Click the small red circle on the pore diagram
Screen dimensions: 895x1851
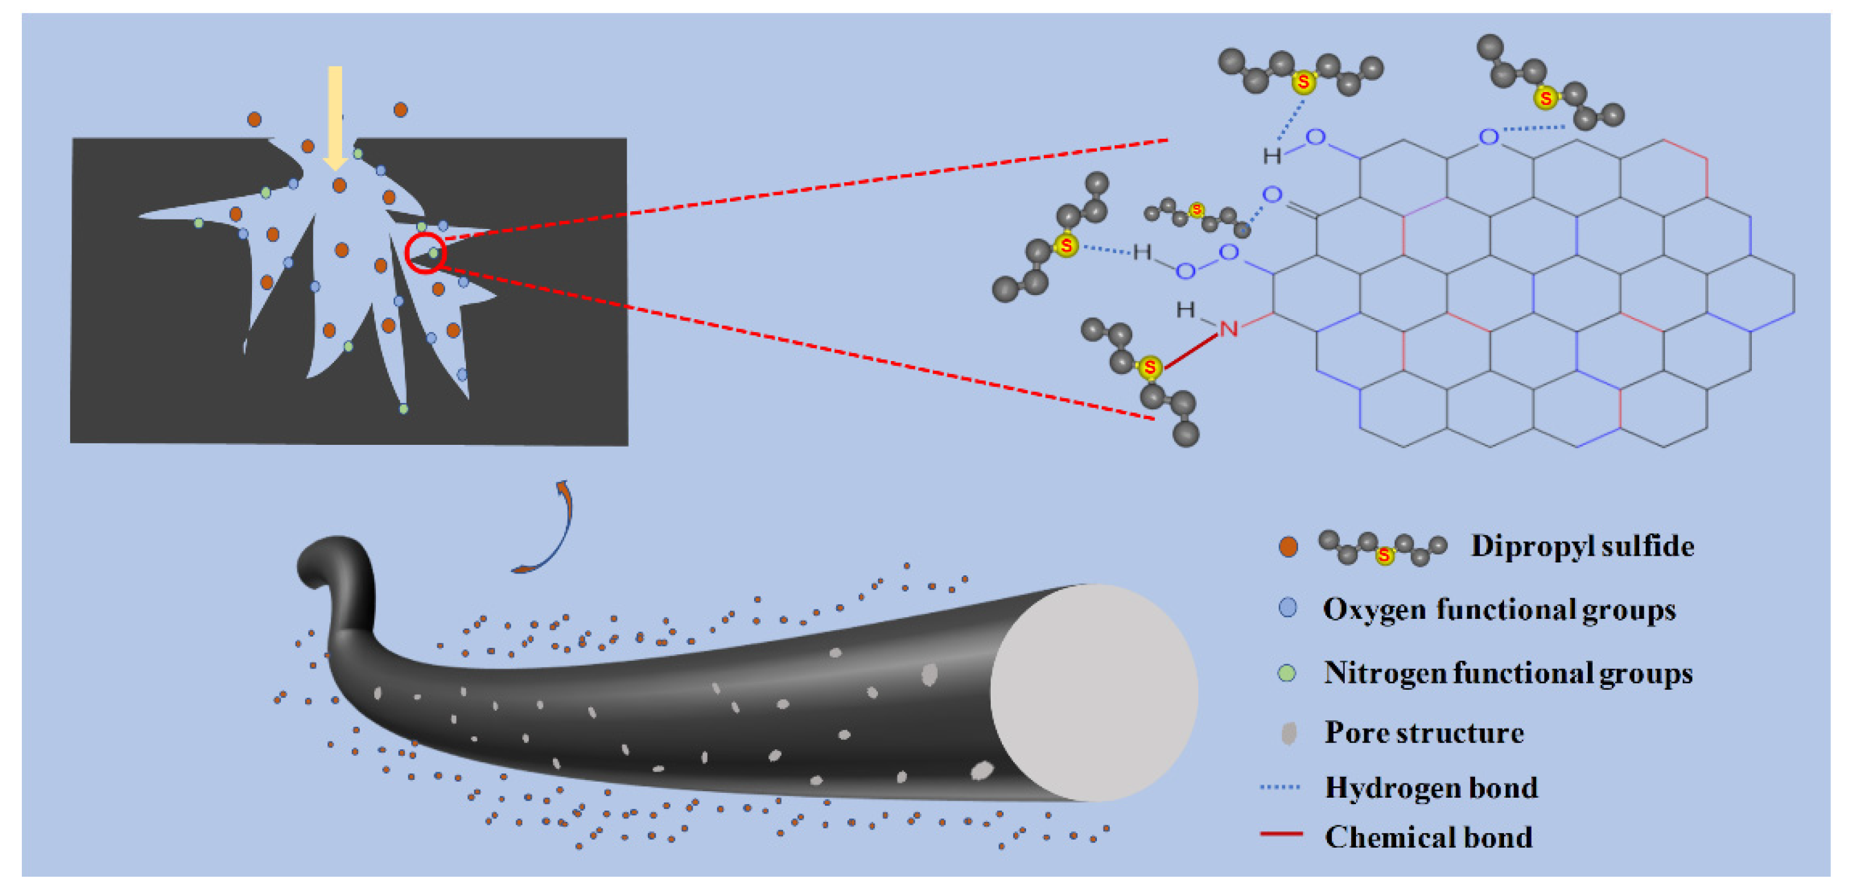(425, 253)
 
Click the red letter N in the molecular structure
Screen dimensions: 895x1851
(1228, 329)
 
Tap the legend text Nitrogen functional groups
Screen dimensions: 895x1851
(1508, 673)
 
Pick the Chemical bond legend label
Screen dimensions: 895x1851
(1428, 838)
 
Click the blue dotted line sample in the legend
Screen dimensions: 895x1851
(1280, 787)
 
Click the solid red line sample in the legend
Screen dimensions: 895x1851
(1281, 834)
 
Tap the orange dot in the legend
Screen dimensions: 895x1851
(1288, 548)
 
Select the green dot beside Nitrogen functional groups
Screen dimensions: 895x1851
(1287, 673)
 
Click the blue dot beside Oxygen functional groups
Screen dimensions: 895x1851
(1288, 608)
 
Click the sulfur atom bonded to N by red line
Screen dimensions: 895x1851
(1149, 368)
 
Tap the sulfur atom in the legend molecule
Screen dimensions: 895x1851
(1384, 555)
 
